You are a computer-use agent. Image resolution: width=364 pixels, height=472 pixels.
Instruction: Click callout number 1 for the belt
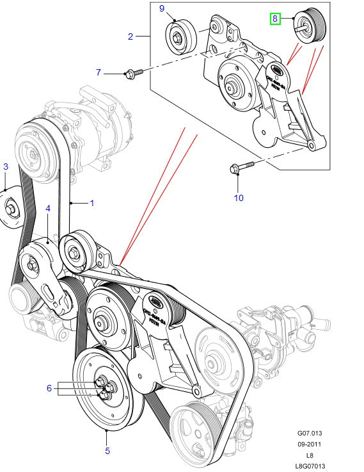click(x=91, y=204)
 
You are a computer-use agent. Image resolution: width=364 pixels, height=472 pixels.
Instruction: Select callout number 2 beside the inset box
click(x=131, y=37)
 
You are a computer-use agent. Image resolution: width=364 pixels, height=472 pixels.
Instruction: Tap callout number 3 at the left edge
click(x=5, y=167)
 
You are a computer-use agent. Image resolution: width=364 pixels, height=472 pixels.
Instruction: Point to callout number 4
click(x=47, y=208)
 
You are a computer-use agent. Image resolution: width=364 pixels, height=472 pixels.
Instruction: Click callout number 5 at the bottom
click(x=107, y=450)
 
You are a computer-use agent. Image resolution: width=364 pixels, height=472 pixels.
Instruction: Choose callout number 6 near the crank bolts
click(x=49, y=388)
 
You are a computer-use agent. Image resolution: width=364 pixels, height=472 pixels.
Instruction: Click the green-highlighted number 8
click(x=275, y=19)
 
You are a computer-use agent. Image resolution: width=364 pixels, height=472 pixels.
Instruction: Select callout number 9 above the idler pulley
click(x=162, y=8)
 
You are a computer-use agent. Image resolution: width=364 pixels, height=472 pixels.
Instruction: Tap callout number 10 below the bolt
click(x=238, y=198)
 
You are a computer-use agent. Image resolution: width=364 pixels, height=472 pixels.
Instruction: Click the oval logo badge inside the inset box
click(x=277, y=69)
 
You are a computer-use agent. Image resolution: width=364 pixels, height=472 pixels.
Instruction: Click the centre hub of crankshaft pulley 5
click(x=104, y=389)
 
